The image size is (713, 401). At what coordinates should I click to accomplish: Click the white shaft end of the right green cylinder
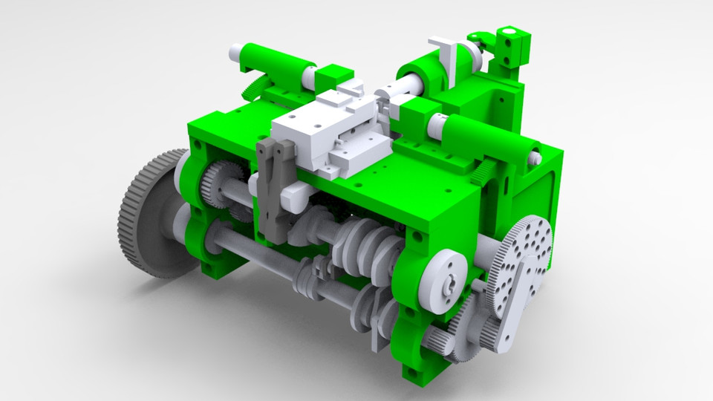click(x=534, y=157)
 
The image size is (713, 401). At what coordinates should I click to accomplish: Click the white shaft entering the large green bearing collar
click(x=390, y=93)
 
